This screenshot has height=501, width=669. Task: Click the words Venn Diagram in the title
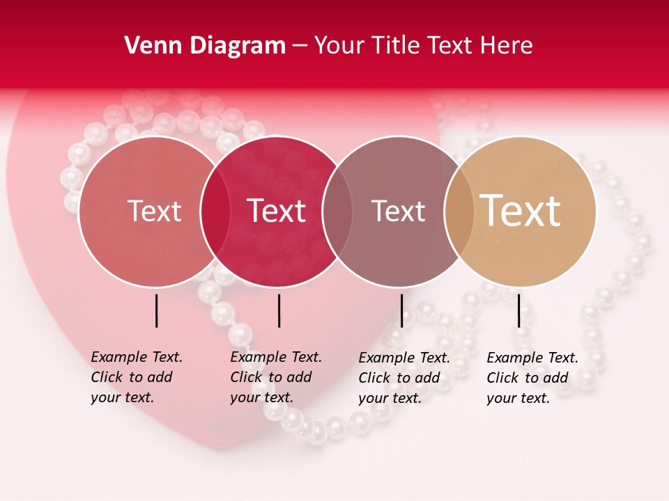point(205,46)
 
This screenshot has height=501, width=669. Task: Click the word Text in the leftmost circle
point(154,211)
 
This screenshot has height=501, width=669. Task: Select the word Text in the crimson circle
point(277,211)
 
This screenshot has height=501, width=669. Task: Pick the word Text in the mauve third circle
point(398,211)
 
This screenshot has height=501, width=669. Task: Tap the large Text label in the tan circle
point(521,211)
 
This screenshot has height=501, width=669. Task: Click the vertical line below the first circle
point(156,310)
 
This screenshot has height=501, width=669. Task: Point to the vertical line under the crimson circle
point(279,310)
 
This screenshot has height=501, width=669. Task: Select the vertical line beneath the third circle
point(401,310)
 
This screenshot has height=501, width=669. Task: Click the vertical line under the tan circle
point(519,310)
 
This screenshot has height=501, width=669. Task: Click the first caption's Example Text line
point(137,357)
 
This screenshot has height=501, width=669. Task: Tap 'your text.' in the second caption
point(261,397)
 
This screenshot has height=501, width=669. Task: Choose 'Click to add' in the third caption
point(399,378)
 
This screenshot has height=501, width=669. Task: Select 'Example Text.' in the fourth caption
point(532,358)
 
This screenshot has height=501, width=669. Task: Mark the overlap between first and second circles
point(216,211)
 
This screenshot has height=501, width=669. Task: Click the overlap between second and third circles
point(336,211)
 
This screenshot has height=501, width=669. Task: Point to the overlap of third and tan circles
point(458,211)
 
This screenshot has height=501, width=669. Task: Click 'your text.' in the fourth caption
point(518,398)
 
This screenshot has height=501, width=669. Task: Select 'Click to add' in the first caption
point(132,377)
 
